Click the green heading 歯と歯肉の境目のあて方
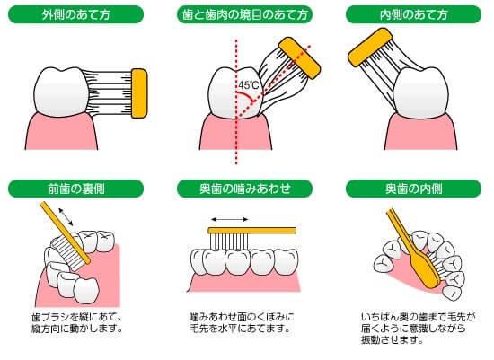[x=247, y=15]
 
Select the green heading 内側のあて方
[x=411, y=15]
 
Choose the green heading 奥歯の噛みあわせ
[x=247, y=189]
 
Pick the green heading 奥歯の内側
[x=411, y=189]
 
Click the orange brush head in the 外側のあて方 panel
[x=139, y=93]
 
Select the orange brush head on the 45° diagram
[x=300, y=55]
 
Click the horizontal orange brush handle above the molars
[x=247, y=229]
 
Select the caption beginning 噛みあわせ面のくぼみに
[x=243, y=322]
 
